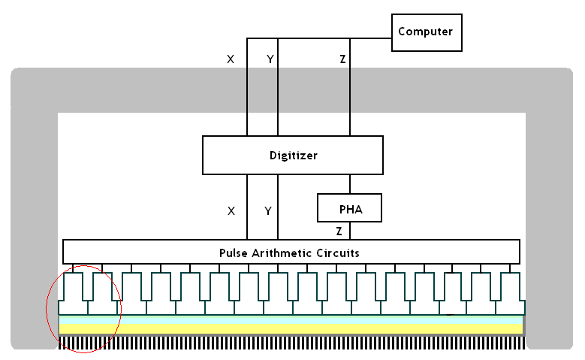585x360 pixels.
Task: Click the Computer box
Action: pos(427,32)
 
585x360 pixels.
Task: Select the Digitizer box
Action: pos(293,156)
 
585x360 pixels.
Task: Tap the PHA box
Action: pos(350,209)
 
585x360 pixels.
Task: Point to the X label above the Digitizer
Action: pos(231,59)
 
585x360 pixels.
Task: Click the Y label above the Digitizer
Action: pos(270,59)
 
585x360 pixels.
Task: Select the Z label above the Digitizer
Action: pos(342,59)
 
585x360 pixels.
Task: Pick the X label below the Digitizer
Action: pos(231,211)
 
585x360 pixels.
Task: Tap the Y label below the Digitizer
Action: pos(268,211)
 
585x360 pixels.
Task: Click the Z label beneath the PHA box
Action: pos(339,231)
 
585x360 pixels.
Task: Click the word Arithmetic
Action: pos(282,253)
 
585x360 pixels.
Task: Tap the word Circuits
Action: pos(338,253)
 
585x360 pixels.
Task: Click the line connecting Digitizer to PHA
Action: pos(350,184)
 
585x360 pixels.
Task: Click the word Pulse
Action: pos(234,253)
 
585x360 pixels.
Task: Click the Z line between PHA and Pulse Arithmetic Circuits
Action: pos(350,231)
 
